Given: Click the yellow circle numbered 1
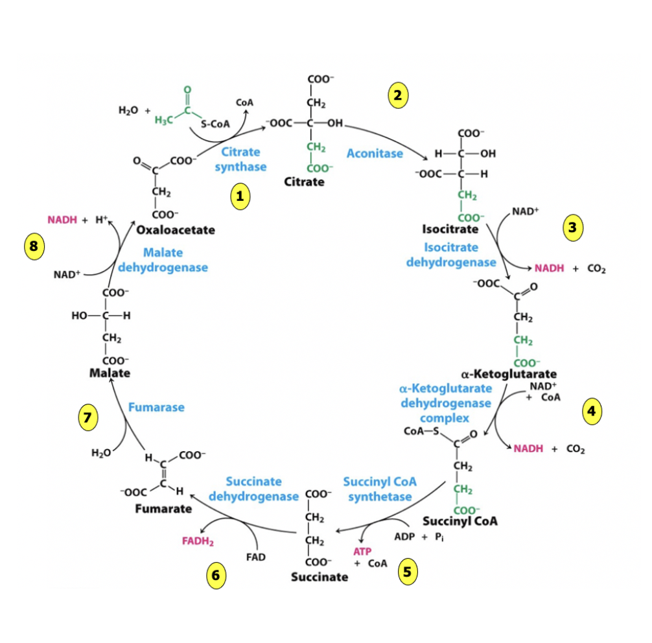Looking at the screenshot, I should click(x=240, y=197).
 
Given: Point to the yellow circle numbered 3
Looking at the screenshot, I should click(x=572, y=227).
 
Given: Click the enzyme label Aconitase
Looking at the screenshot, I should click(x=374, y=154).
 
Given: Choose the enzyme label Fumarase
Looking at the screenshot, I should click(x=156, y=407).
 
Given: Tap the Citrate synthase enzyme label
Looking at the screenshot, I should click(x=240, y=159).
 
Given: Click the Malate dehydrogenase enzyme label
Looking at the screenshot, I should click(x=163, y=259).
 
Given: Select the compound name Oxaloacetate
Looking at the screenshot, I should click(x=176, y=229).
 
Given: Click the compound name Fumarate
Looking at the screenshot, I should click(x=163, y=508).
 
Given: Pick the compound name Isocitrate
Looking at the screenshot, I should click(x=450, y=229).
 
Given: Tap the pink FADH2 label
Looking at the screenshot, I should click(x=198, y=539).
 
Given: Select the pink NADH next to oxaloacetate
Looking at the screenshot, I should click(x=62, y=220).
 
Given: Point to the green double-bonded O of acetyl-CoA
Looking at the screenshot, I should click(x=187, y=89).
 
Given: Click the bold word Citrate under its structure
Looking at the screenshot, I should click(x=304, y=181).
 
